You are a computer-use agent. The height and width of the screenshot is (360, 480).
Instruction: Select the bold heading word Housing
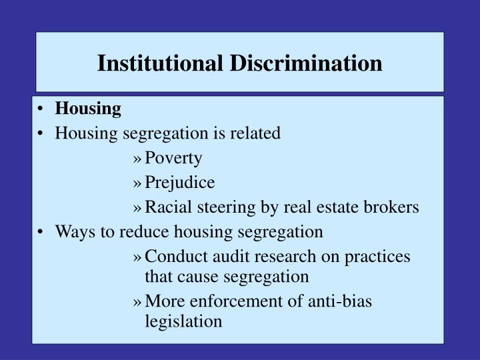[x=88, y=108]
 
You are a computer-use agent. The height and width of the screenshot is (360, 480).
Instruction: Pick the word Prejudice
[x=180, y=182]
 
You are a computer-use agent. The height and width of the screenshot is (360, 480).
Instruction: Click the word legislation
[x=183, y=321]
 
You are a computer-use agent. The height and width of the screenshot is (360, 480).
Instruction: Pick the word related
[x=256, y=133]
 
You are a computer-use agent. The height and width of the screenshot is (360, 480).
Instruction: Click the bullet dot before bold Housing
[x=43, y=109]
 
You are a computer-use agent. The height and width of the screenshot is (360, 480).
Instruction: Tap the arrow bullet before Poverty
[x=138, y=159]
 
